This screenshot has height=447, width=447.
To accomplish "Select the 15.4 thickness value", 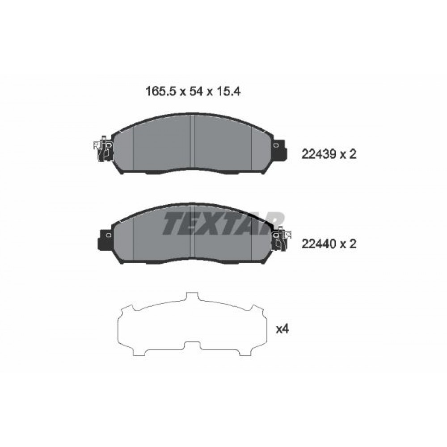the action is tap(228, 91).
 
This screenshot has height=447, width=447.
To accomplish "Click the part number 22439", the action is tap(318, 155).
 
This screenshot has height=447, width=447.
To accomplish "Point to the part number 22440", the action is tap(318, 244).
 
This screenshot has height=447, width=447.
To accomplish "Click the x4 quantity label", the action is tap(283, 329).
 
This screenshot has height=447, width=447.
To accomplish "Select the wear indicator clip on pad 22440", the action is tap(282, 238).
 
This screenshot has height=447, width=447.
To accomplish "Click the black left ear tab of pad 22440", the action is tap(106, 240).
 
